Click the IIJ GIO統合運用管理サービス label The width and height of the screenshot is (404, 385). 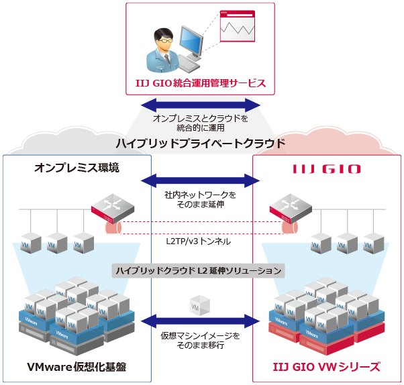click(200, 83)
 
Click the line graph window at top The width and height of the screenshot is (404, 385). click(238, 27)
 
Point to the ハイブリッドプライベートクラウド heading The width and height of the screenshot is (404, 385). click(201, 144)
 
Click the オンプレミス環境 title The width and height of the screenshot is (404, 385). click(77, 168)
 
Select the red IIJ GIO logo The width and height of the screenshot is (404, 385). click(327, 168)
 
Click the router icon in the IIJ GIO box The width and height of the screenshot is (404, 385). click(289, 206)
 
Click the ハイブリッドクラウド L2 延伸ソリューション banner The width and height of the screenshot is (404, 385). click(199, 270)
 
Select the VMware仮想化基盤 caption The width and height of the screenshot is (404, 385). click(77, 366)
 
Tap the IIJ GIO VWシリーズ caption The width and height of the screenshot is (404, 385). click(327, 366)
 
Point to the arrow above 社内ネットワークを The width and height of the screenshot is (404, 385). click(200, 180)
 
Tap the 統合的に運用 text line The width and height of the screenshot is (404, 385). click(201, 127)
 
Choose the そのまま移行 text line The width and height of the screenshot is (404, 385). click(201, 345)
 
